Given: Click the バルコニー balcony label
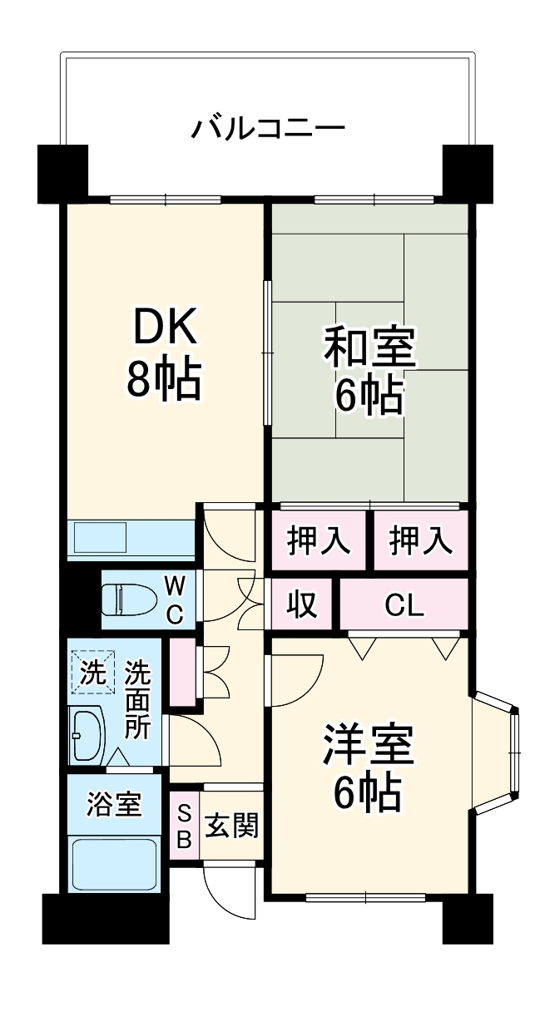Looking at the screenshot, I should tap(268, 129).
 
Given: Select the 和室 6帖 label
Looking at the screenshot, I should tap(369, 372).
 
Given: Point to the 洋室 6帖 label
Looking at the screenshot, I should tap(369, 769).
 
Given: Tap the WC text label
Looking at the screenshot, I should tap(175, 599).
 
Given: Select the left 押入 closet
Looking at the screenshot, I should tap(318, 542).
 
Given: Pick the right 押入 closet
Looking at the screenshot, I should tap(420, 542).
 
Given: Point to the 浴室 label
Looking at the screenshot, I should tap(114, 804).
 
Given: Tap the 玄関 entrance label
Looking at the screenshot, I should tap(232, 826).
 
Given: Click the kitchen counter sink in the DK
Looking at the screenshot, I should tap(100, 538).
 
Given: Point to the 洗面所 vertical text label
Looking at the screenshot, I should tap(137, 700).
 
